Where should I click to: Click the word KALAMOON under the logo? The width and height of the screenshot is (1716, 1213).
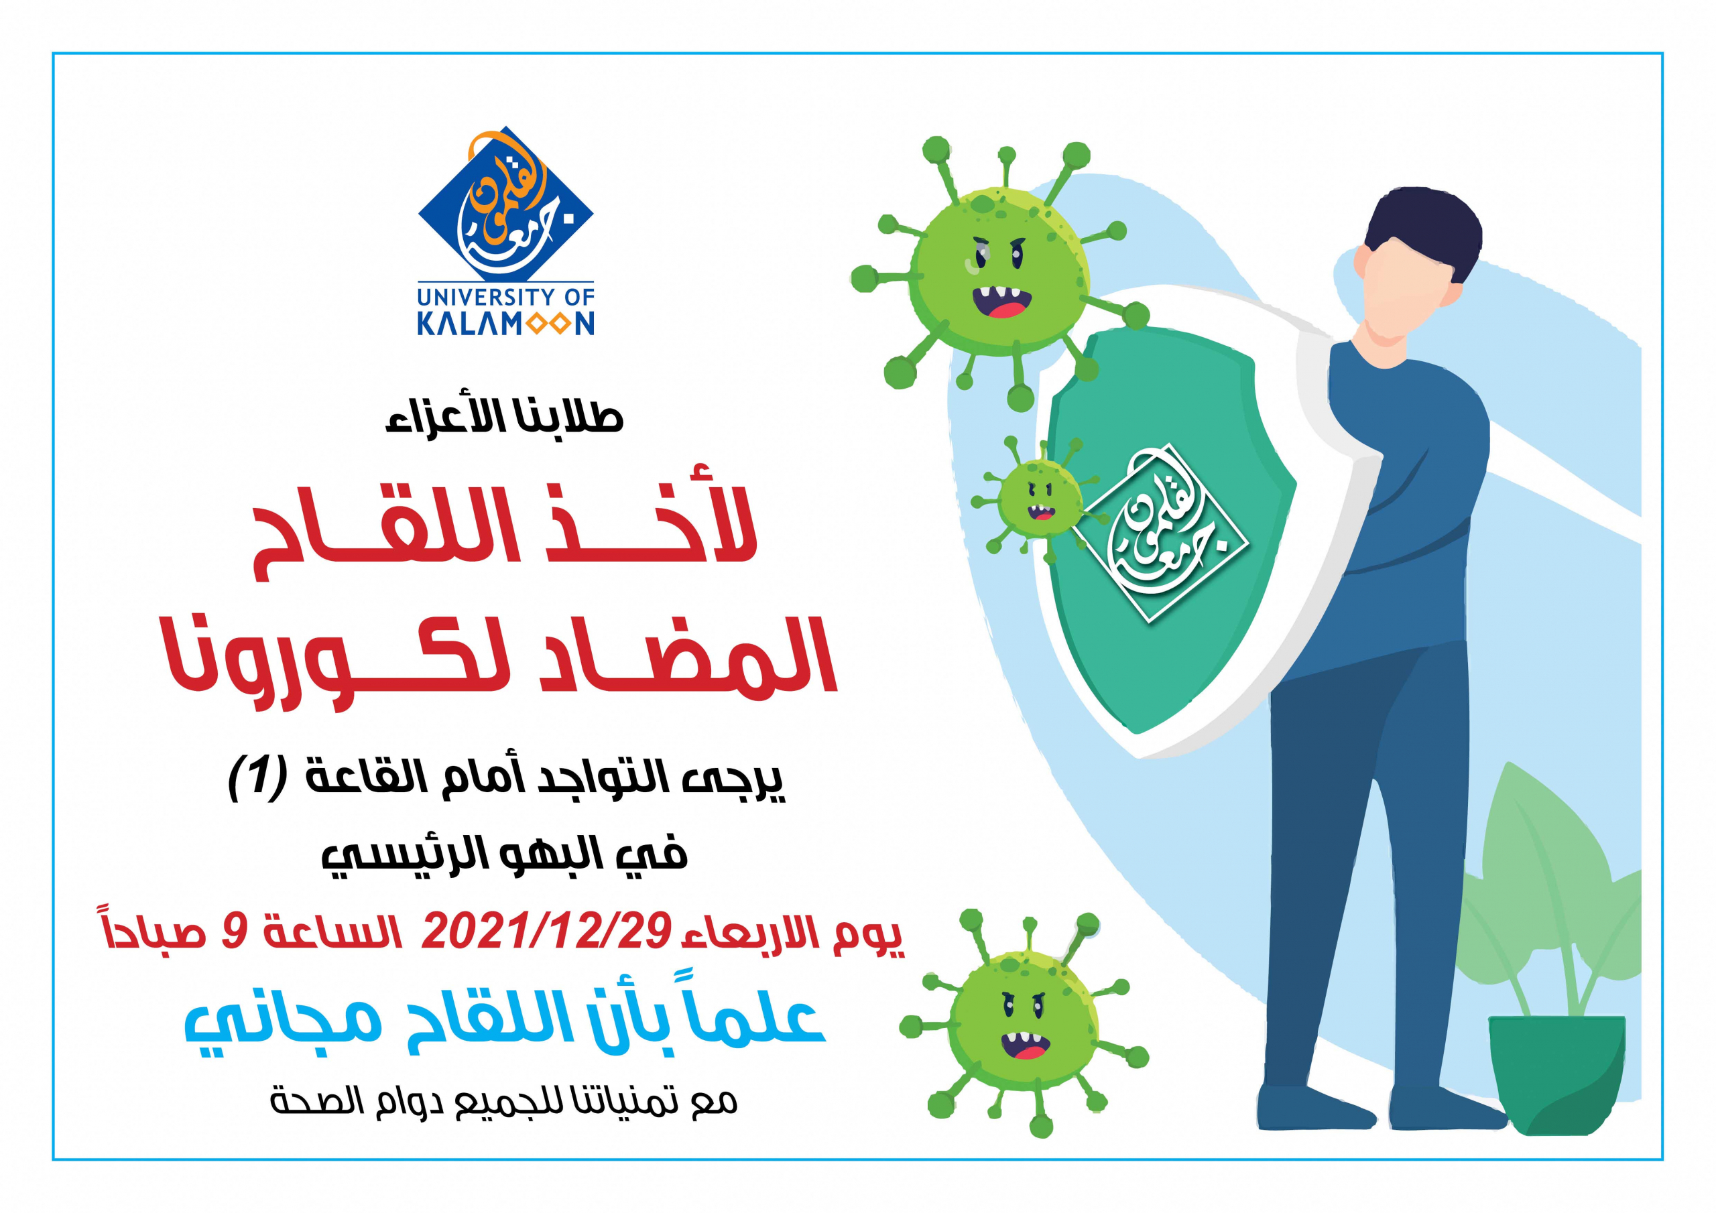coord(505,323)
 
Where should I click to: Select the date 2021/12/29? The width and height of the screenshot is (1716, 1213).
coord(546,932)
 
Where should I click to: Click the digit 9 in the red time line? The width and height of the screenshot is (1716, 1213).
coord(235,933)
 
